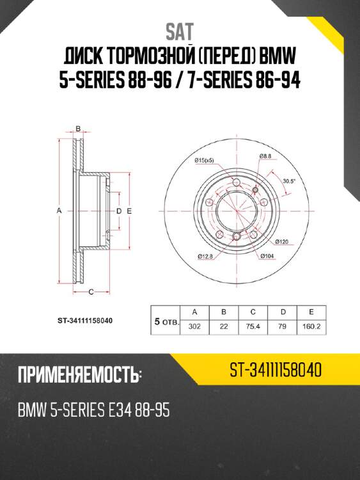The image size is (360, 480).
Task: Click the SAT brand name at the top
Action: point(180,31)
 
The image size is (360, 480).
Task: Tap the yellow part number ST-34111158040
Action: point(275,371)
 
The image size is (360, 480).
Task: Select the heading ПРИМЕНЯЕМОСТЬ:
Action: point(81,376)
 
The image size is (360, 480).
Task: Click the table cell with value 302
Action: point(195,326)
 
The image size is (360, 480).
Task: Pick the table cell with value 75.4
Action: point(253,326)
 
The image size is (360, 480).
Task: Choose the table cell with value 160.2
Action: point(311,326)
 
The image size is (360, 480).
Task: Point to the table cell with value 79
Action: point(282,326)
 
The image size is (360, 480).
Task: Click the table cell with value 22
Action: point(224,326)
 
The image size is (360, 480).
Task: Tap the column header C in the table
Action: point(253,312)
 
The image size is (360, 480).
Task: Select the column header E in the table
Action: point(311,312)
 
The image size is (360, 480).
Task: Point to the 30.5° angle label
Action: point(288,181)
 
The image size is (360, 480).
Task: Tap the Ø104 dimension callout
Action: point(267,256)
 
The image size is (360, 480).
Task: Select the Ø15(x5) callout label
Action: point(204,159)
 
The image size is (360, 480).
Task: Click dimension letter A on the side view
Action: point(59,211)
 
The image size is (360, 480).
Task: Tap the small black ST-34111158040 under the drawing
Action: point(81,319)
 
